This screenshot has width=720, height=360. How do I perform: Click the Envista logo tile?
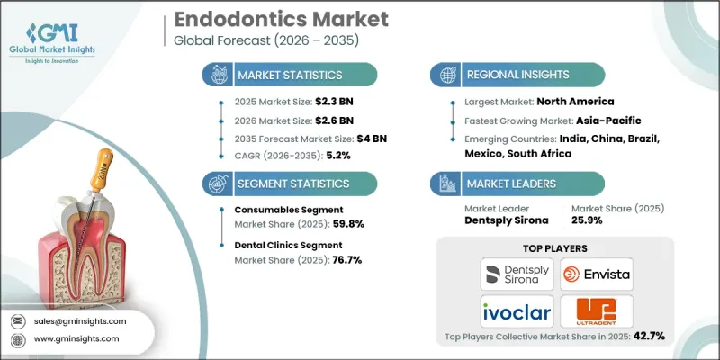[x=595, y=274]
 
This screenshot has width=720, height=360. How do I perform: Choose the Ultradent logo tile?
[x=595, y=310]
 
